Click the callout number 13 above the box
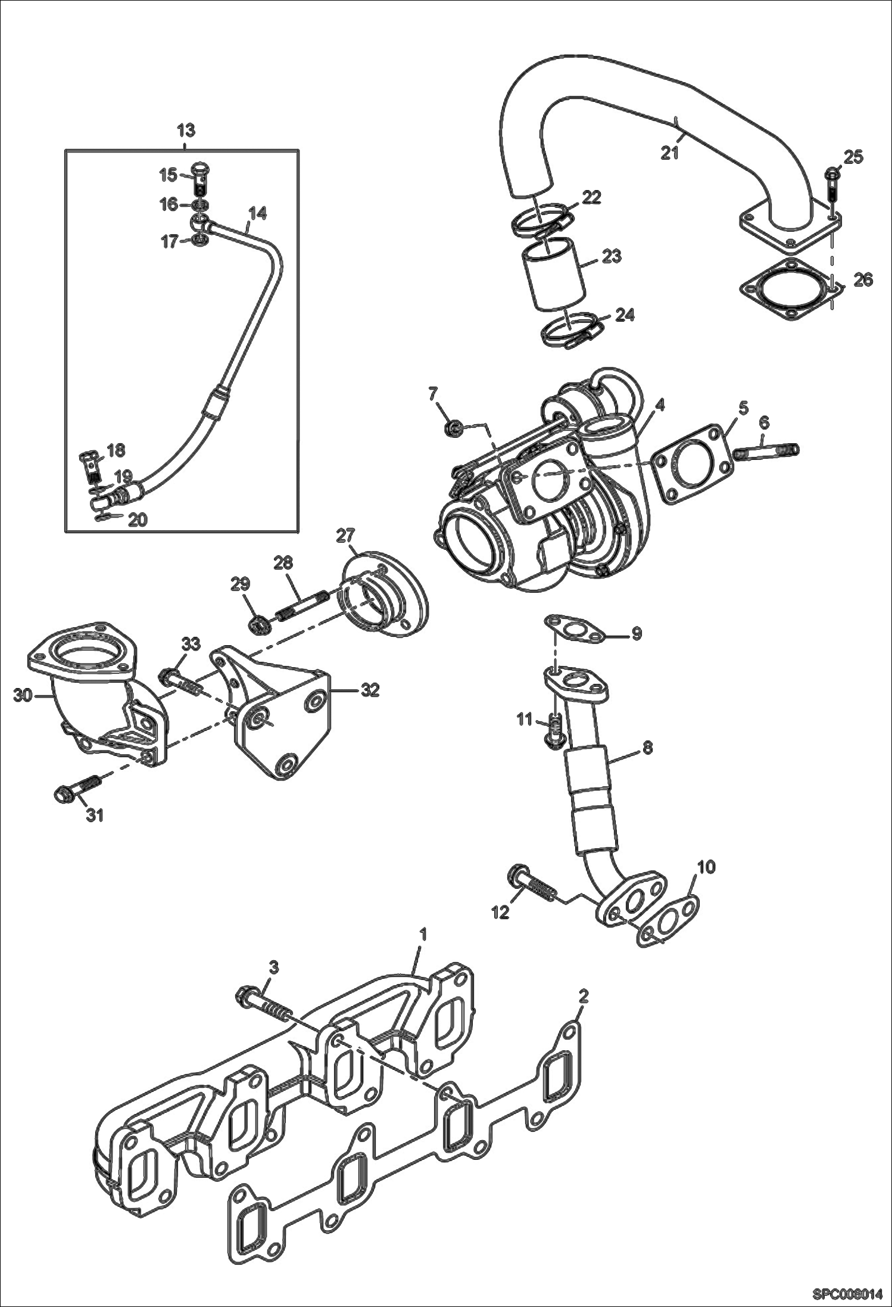[x=186, y=130]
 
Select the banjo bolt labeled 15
[x=202, y=178]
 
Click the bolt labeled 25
[x=832, y=184]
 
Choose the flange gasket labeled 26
[x=790, y=294]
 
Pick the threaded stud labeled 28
[x=301, y=605]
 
